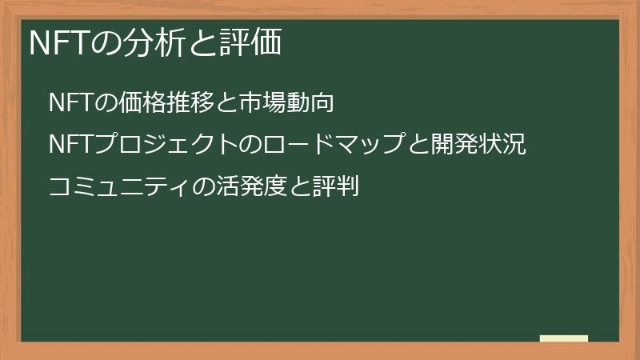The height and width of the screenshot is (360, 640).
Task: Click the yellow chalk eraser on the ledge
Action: (x=564, y=338)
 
